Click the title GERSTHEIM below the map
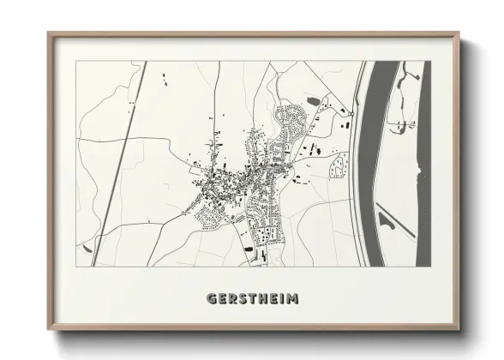click(252, 299)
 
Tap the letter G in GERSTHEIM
click(212, 299)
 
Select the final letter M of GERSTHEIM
click(293, 299)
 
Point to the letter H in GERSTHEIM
click(261, 299)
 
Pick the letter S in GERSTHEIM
click(242, 299)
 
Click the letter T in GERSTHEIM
click(251, 299)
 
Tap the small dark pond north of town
click(313, 102)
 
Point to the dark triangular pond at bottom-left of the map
click(86, 248)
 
